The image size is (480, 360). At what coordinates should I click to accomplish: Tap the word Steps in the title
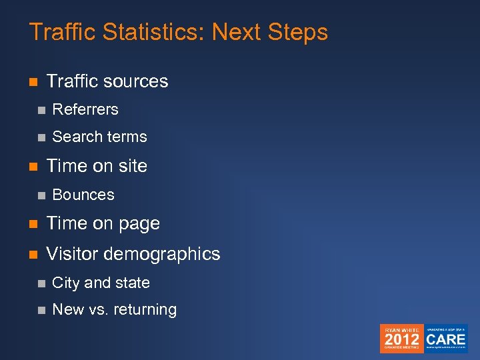[297, 32]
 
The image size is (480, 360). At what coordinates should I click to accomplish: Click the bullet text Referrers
[85, 109]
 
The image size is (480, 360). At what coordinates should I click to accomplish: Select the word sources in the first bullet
[135, 81]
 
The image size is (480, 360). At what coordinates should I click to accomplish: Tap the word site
[132, 166]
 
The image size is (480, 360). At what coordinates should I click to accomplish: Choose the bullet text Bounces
[83, 195]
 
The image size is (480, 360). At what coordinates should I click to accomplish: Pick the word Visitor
[72, 254]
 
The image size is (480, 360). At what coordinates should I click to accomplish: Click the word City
[65, 283]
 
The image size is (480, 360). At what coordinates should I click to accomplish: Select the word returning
[145, 310]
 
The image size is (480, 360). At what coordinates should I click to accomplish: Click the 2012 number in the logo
[402, 339]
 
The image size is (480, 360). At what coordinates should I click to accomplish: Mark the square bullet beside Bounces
[41, 195]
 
